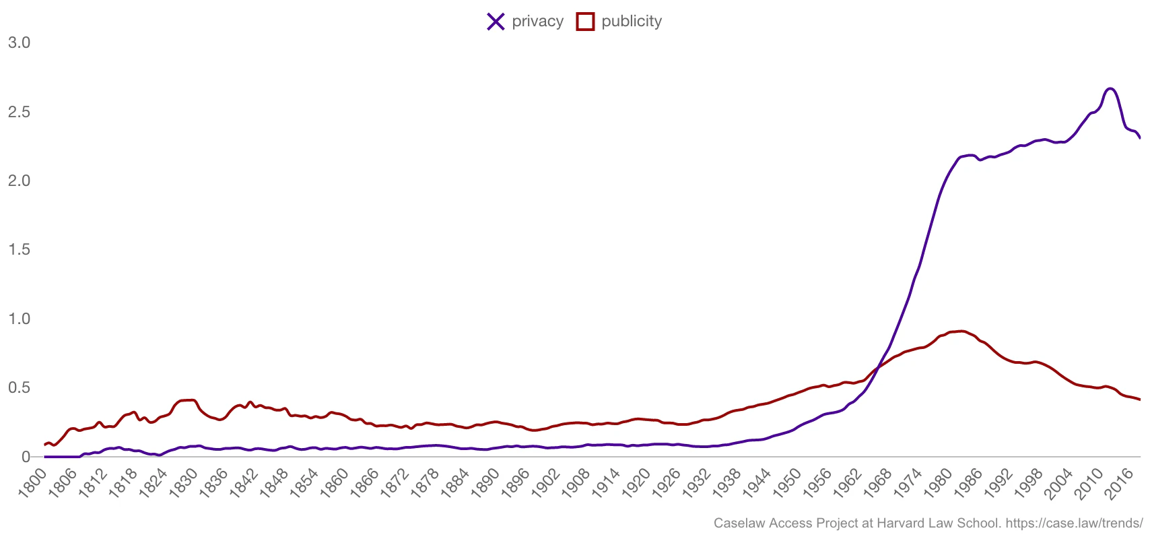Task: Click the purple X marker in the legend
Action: coord(496,22)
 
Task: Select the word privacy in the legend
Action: coord(537,22)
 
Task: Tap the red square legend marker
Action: coord(585,22)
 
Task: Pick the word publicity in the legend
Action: coord(632,22)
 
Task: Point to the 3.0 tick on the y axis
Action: coord(19,42)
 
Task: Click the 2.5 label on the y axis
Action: coord(19,112)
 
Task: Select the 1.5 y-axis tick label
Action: coord(19,250)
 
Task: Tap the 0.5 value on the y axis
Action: coord(19,388)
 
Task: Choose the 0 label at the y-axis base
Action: coord(26,457)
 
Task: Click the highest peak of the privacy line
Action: coord(1110,89)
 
